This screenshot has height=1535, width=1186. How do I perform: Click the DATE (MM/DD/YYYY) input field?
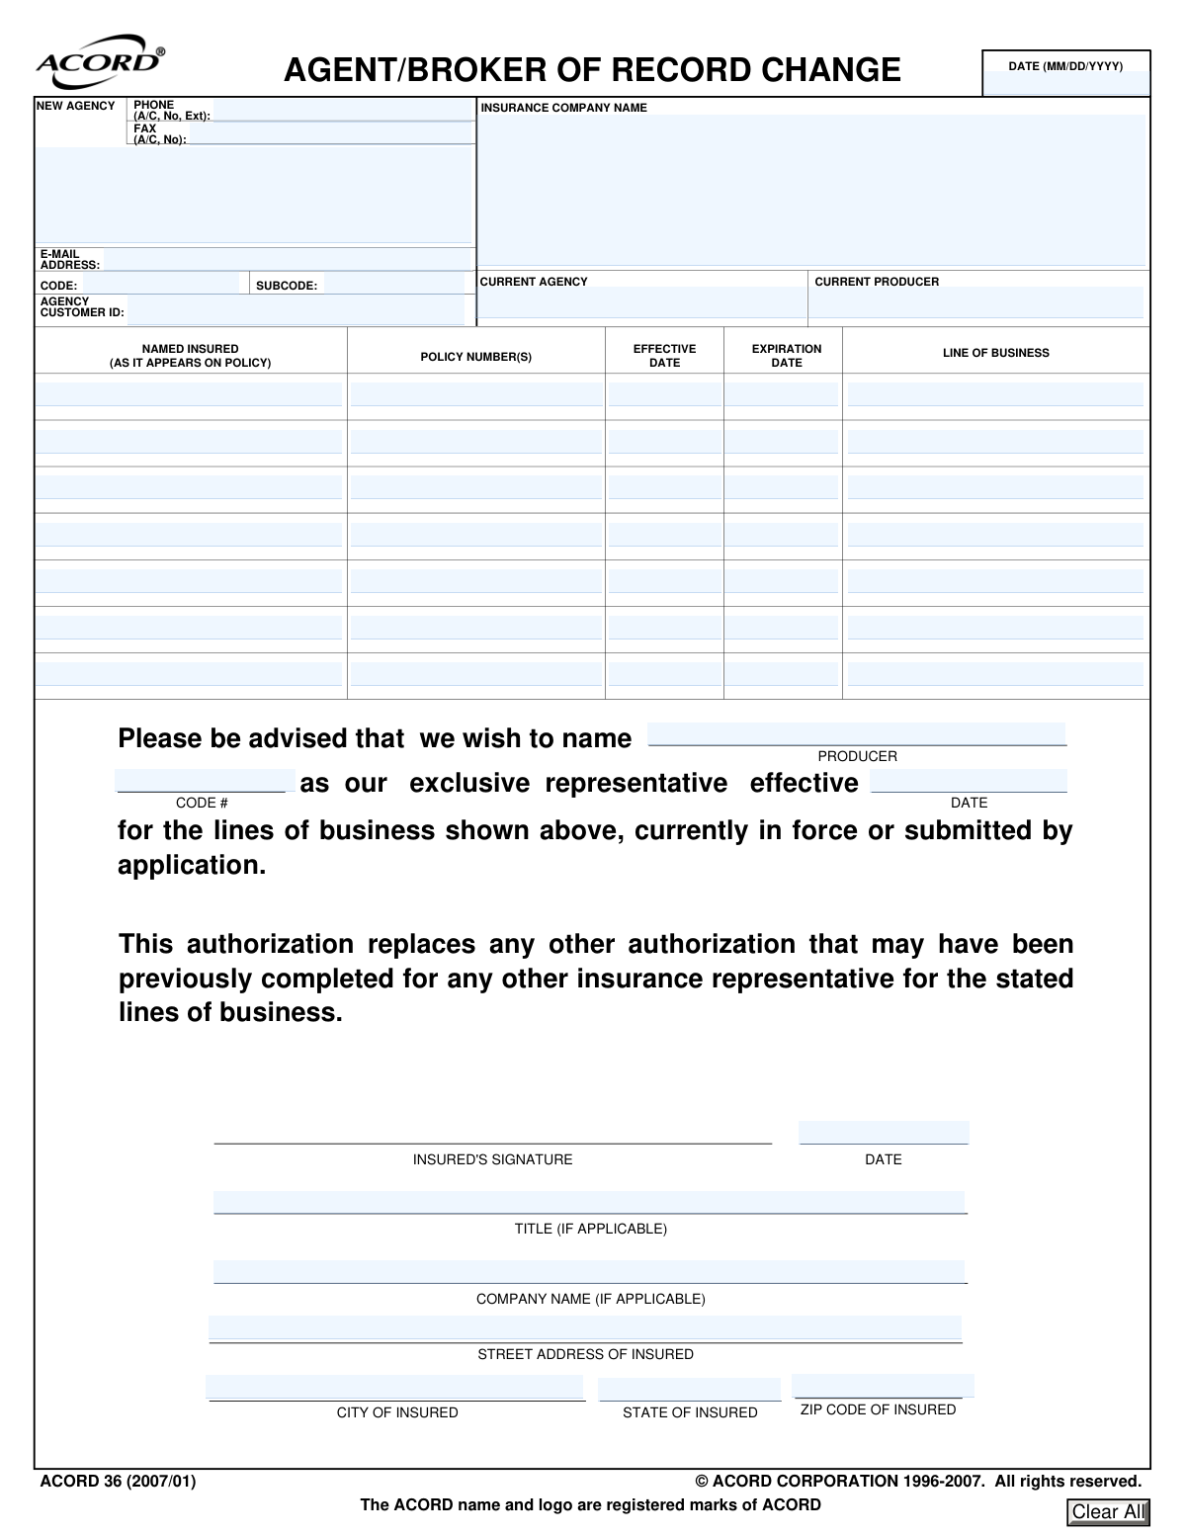(x=1066, y=84)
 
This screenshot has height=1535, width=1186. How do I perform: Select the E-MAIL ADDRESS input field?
(x=287, y=260)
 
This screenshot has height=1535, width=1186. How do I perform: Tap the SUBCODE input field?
(x=392, y=285)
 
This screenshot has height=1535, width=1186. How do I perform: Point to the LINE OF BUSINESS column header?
(x=995, y=353)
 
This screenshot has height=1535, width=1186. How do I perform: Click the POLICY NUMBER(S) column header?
(x=475, y=357)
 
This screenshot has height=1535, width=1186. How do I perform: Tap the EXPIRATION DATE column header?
(x=786, y=356)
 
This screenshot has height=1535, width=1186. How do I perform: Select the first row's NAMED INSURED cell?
(x=189, y=395)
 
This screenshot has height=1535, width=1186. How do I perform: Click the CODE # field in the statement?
(x=205, y=781)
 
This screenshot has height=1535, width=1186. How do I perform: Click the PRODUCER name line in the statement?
(x=857, y=734)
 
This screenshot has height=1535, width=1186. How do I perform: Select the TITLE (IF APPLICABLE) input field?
(x=589, y=1202)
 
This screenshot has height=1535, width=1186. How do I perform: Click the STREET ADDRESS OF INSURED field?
(x=585, y=1328)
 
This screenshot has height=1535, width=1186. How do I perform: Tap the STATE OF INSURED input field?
(x=689, y=1389)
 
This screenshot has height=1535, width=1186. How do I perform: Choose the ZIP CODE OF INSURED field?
(x=882, y=1386)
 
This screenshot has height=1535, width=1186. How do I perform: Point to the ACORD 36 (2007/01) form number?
(x=119, y=1481)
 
